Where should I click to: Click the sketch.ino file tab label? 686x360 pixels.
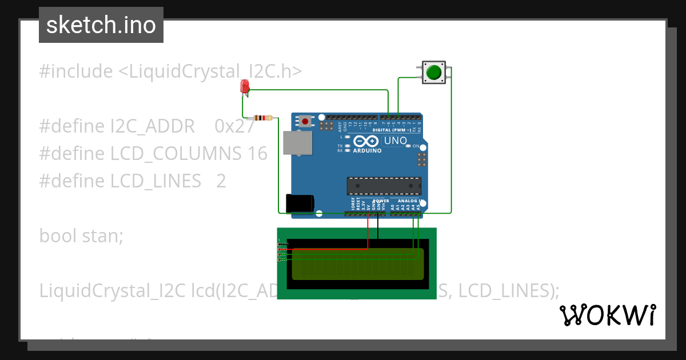101,25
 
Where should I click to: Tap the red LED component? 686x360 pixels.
245,86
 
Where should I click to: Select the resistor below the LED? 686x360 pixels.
263,118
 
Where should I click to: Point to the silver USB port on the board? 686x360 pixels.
298,143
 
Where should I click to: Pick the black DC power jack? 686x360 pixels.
300,203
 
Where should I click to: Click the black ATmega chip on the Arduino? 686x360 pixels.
384,186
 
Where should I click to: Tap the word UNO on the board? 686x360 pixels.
395,141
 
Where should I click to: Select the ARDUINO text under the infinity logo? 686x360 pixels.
368,151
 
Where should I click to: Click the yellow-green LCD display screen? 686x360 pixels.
358,264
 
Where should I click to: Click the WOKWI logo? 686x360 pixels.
607,315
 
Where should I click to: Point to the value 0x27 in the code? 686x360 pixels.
234,126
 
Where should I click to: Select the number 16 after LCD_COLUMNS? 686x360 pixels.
257,154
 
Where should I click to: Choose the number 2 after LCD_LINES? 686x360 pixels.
221,181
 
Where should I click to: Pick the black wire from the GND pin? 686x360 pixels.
377,226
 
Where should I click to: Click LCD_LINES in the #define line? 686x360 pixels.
156,181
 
